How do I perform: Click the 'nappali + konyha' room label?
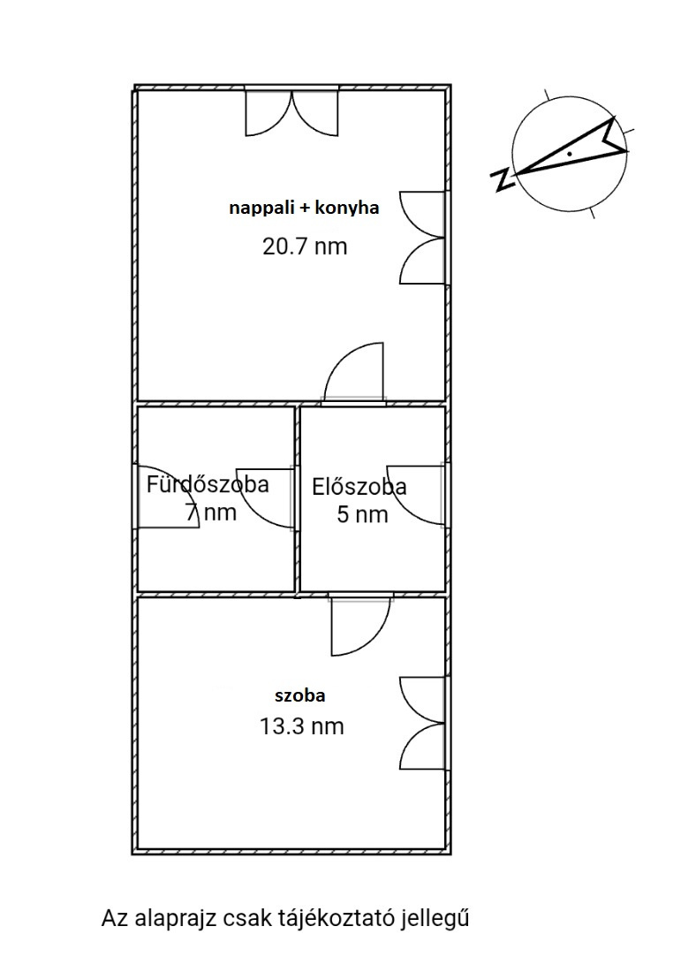point(304,208)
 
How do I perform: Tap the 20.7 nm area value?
point(305,247)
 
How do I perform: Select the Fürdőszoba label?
point(208,484)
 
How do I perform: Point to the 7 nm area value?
point(211,513)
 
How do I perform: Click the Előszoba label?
point(359,487)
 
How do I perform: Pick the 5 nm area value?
point(362,514)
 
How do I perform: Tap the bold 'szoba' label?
point(300,695)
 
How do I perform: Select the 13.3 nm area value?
point(302,725)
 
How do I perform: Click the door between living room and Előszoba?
point(354,373)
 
